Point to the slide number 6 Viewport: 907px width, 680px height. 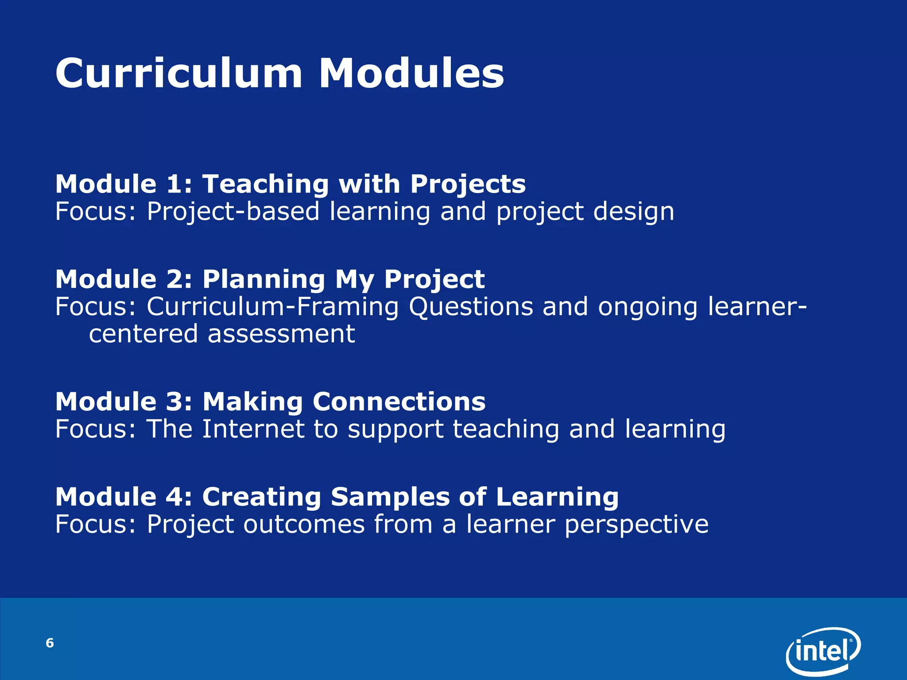50,643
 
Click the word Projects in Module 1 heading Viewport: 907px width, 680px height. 468,185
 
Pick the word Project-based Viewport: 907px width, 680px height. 233,212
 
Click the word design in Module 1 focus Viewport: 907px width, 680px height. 633,212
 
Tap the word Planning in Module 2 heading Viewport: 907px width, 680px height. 264,280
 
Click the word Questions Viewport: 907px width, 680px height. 471,307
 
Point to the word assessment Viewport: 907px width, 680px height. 281,334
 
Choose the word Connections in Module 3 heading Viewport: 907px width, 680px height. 399,402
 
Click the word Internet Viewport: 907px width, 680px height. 252,429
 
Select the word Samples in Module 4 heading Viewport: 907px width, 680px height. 390,497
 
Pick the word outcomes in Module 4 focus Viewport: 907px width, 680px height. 304,524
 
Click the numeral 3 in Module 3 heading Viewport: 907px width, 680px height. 174,402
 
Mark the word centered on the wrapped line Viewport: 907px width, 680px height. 143,334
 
